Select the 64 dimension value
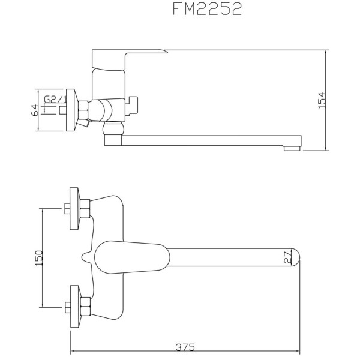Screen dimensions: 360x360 [35, 109]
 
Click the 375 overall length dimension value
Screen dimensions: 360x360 [186, 347]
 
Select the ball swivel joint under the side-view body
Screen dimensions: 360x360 [113, 130]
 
